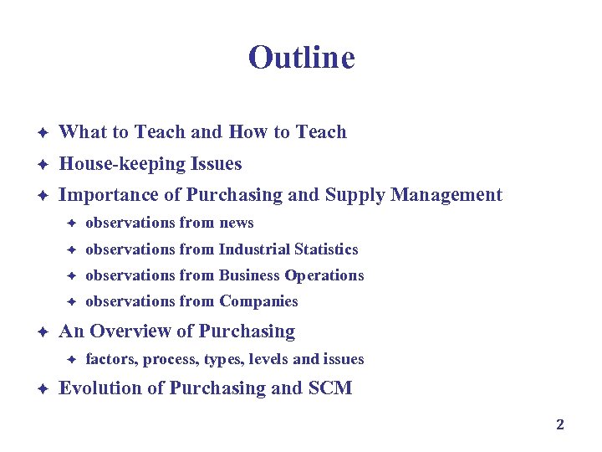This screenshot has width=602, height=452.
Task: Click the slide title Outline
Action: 301,58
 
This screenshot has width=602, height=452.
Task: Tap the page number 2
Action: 560,424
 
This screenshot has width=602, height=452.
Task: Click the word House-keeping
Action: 118,164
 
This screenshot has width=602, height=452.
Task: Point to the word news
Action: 236,223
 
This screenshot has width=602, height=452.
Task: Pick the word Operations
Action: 324,275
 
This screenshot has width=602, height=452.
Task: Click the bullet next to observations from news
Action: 72,223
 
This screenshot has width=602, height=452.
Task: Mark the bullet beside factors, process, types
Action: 72,360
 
